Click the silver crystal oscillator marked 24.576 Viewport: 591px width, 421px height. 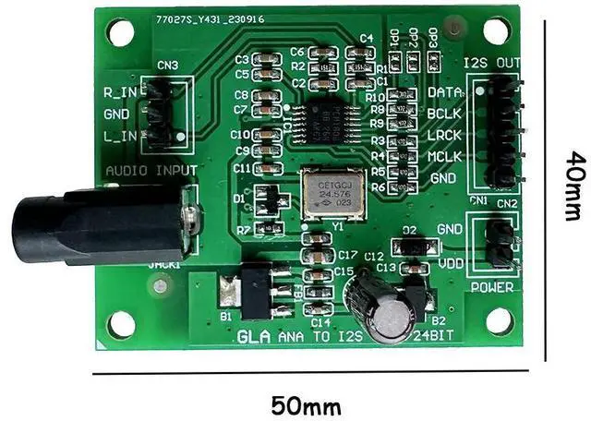(x=329, y=192)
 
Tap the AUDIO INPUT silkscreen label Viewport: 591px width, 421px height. (x=151, y=170)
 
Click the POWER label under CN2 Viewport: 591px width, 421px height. (x=491, y=286)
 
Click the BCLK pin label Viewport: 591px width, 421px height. (x=444, y=113)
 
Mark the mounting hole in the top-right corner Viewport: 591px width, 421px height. (x=497, y=30)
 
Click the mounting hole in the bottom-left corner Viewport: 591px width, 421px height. (x=121, y=323)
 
